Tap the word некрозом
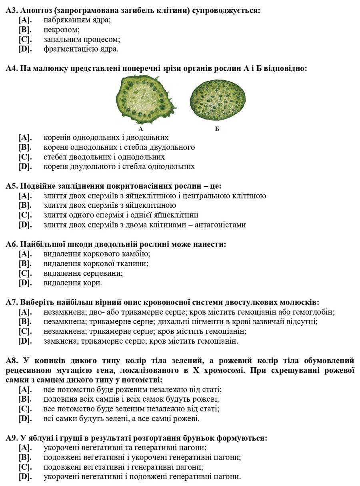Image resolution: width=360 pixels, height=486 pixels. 62,30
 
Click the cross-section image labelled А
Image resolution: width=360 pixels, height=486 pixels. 146,100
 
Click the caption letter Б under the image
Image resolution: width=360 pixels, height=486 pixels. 217,129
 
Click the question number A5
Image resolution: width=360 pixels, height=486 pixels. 11,186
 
